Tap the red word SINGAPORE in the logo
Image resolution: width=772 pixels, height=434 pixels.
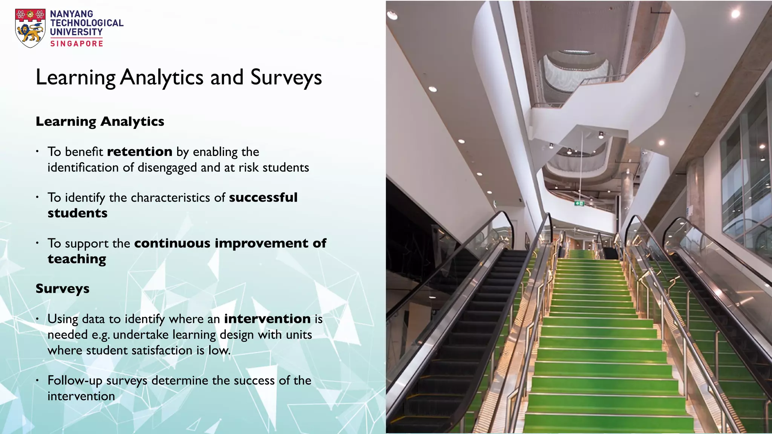tap(77, 44)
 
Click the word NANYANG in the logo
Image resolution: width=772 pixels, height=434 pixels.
tap(72, 14)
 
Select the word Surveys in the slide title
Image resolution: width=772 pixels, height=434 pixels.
tap(286, 78)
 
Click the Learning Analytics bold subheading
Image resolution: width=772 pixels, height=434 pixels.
tap(100, 121)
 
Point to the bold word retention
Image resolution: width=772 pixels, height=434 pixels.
tap(140, 151)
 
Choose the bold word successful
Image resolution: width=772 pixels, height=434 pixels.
tap(263, 197)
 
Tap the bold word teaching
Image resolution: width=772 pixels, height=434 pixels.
tap(77, 259)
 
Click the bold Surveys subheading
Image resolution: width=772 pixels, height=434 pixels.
tap(63, 289)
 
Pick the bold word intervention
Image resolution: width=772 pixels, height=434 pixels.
tap(267, 319)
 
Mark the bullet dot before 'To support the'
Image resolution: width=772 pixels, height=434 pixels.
tap(37, 243)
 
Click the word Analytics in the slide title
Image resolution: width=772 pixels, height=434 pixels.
tap(162, 78)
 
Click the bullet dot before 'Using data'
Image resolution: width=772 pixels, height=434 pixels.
tap(37, 319)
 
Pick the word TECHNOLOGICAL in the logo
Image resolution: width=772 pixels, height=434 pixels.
tap(87, 23)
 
